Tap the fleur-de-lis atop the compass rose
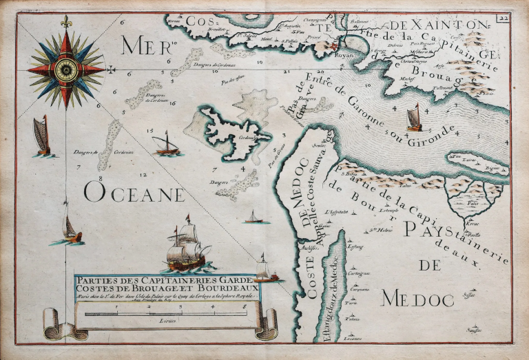pos(67,22)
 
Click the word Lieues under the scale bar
pos(165,321)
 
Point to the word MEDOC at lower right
pos(417,299)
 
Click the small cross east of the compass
pos(111,68)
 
